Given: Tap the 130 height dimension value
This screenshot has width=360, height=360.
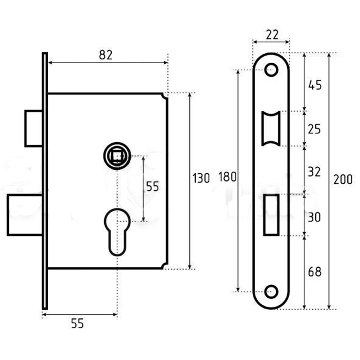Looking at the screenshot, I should tap(201, 179).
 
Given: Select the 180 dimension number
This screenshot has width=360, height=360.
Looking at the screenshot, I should tap(228, 177).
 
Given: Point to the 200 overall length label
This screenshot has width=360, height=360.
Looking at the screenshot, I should tap(343, 179).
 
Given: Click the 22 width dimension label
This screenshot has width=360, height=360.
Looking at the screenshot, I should tap(272, 35).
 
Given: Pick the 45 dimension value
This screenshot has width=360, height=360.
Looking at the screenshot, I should tap(315, 85).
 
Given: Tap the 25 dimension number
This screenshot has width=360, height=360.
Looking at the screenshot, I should tap(314, 129).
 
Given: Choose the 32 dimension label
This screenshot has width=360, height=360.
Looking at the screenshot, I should tap(314, 172).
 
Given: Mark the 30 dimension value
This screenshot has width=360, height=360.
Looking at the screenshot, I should tap(314, 217).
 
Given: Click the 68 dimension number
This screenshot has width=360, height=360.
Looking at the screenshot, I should tap(314, 272).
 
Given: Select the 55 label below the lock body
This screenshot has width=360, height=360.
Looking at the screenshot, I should tap(77, 324).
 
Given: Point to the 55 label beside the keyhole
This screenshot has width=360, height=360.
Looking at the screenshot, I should tap(152, 187).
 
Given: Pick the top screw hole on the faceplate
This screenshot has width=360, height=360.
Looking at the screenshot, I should tap(271, 70).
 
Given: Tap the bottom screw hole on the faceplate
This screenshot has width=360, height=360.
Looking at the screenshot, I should tap(271, 292).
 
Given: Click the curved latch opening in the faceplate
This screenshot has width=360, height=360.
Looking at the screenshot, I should tap(271, 128).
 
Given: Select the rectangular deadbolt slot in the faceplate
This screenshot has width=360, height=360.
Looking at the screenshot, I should tap(271, 215).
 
